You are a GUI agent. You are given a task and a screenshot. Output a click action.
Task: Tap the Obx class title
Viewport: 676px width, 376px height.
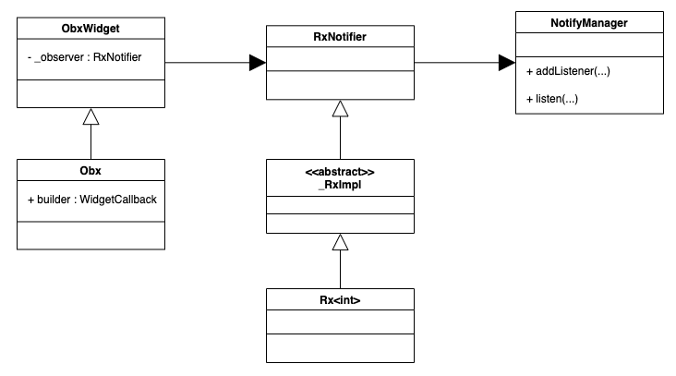tap(91, 170)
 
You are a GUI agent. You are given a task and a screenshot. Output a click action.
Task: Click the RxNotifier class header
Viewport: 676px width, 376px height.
tap(340, 38)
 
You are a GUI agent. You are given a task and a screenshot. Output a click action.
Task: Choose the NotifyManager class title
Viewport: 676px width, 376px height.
tap(588, 22)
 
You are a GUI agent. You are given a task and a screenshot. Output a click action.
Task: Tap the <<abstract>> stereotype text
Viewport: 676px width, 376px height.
tap(340, 172)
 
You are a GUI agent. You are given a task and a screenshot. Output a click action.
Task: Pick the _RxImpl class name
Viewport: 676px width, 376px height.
tap(340, 185)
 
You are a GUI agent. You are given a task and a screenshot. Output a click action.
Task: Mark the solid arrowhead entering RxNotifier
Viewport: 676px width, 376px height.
tap(257, 63)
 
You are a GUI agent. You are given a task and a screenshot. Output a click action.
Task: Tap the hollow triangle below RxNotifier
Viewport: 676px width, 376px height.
tap(340, 109)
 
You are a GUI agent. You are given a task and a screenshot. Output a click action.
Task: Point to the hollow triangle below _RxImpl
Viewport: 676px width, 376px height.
tap(340, 242)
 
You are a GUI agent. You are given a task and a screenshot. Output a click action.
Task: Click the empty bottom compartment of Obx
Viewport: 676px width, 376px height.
tap(91, 236)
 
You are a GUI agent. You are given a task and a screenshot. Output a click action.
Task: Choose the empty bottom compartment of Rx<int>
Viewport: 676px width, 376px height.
tap(340, 348)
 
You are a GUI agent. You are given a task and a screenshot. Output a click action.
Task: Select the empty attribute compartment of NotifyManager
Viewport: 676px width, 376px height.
tap(588, 43)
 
